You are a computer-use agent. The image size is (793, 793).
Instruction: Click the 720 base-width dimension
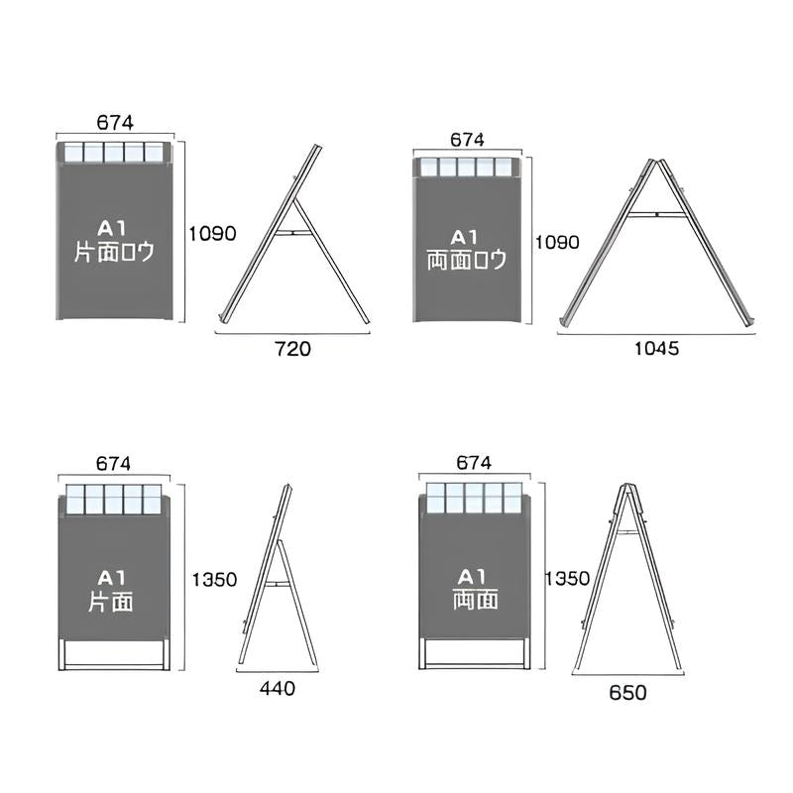pos(292,349)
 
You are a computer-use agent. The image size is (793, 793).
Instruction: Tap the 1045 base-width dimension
pos(656,349)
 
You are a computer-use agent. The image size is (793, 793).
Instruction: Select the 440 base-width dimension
pos(278,688)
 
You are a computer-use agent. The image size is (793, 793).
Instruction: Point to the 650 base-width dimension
pos(627,692)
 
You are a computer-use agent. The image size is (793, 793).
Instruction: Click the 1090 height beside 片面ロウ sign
pos(212,234)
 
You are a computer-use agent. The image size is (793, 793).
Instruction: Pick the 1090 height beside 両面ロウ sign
pos(557,243)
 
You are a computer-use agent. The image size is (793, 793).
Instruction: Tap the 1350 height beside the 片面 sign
pos(214,580)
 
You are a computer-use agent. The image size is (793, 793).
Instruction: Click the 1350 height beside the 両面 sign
pos(567,578)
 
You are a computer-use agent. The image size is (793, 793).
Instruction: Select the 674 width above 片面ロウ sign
pos(115,123)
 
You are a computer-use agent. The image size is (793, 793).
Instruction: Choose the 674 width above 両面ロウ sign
pos(467,140)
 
